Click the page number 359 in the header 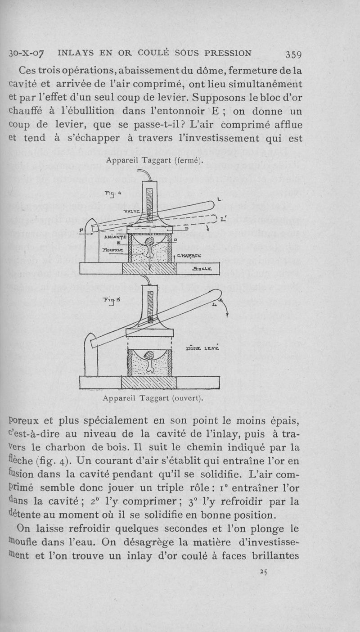(292, 54)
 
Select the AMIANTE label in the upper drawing (114, 236)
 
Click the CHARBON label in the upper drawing (189, 256)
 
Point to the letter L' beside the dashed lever (224, 220)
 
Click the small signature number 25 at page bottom (264, 570)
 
